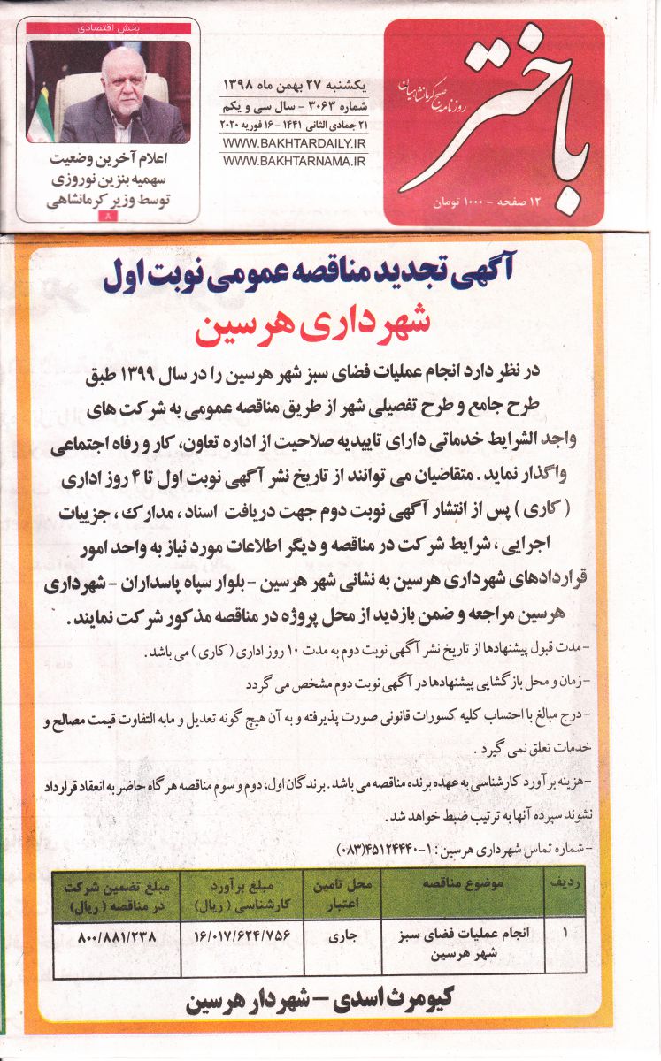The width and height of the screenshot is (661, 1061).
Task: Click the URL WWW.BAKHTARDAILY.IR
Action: click(x=294, y=143)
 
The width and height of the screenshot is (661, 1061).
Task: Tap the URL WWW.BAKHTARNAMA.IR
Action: click(x=294, y=161)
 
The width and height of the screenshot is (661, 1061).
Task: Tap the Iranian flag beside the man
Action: click(x=41, y=115)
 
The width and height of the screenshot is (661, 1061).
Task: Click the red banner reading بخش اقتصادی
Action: click(x=108, y=28)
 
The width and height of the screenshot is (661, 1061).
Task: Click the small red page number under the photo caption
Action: click(x=108, y=216)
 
